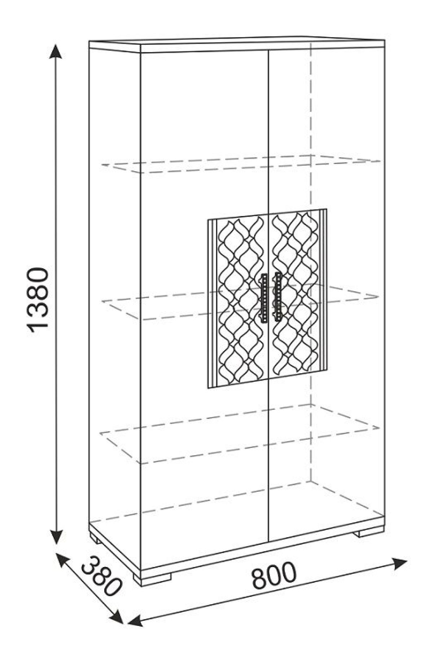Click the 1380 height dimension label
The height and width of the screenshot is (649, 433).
(x=37, y=298)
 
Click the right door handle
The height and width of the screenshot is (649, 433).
(x=278, y=297)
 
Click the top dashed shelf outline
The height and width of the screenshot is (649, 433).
(x=241, y=164)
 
